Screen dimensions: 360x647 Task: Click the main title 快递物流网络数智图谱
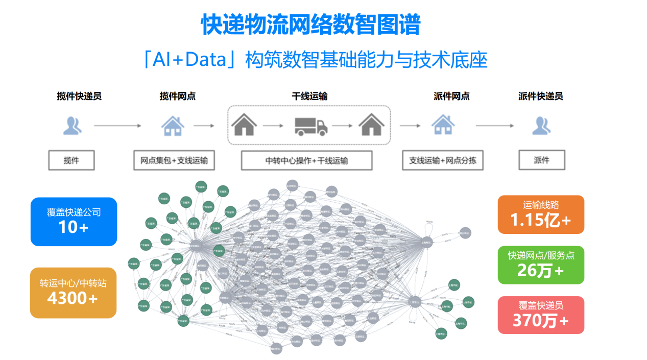(x=310, y=24)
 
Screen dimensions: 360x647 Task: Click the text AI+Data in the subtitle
(x=191, y=60)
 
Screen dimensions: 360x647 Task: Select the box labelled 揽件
(x=71, y=160)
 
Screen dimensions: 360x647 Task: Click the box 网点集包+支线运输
(x=174, y=160)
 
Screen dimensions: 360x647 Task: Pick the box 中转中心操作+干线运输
(x=306, y=160)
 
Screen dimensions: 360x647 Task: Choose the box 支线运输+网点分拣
(x=443, y=160)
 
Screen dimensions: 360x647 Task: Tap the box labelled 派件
(x=541, y=160)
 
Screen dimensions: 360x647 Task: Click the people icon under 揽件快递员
(x=73, y=126)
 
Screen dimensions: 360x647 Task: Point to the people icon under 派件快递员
(x=541, y=126)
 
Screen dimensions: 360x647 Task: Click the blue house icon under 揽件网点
(x=173, y=125)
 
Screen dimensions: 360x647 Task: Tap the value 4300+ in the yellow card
(x=73, y=298)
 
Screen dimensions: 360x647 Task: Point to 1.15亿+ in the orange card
(x=541, y=220)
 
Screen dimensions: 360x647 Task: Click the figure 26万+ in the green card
(x=541, y=270)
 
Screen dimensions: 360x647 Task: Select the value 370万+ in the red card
(x=541, y=321)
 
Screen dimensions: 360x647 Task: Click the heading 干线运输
(x=309, y=96)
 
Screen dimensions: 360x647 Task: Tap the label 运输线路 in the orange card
(x=541, y=205)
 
